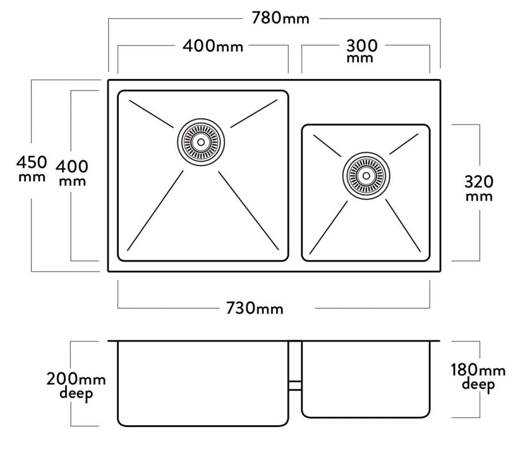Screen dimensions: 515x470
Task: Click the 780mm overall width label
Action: tap(280, 18)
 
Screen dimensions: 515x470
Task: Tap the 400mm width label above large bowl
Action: tap(213, 46)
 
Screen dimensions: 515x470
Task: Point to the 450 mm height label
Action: tap(31, 169)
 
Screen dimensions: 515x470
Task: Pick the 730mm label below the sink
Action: tap(254, 309)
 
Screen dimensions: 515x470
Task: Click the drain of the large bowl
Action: tap(201, 143)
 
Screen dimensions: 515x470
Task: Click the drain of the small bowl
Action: tap(366, 176)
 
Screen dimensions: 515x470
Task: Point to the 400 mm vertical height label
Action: tap(72, 173)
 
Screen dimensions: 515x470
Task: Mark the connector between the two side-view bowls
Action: tap(295, 385)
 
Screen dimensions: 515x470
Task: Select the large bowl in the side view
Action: tap(203, 426)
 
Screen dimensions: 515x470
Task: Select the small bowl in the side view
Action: tap(366, 417)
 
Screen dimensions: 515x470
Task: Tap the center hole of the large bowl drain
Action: tap(201, 143)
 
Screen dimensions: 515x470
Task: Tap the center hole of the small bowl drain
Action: tap(366, 176)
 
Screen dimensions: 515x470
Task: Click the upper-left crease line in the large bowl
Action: tap(152, 114)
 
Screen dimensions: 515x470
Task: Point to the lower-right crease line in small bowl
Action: tap(403, 226)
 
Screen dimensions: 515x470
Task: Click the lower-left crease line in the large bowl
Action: tap(155, 211)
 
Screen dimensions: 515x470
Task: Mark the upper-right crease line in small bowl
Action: tap(404, 144)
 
